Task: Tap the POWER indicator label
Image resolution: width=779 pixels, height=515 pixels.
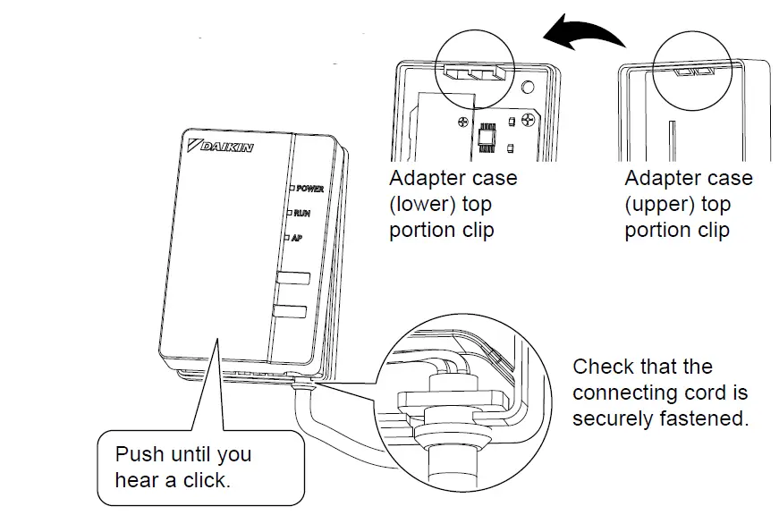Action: click(309, 190)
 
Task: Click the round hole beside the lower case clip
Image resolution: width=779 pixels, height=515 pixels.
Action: click(529, 89)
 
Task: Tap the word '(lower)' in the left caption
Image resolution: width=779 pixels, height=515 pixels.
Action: click(420, 204)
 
